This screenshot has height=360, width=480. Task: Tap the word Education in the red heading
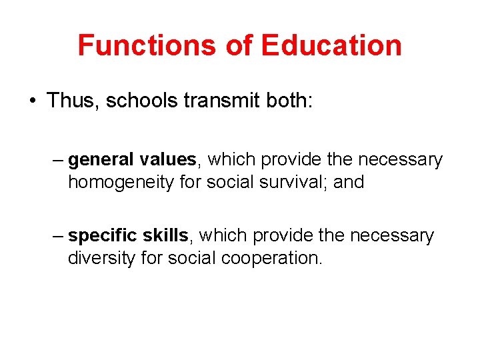click(331, 45)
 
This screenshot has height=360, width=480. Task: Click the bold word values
click(168, 160)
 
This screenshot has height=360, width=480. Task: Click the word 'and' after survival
click(349, 182)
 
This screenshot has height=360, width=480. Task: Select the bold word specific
click(103, 236)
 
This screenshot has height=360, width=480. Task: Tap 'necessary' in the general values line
click(400, 161)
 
